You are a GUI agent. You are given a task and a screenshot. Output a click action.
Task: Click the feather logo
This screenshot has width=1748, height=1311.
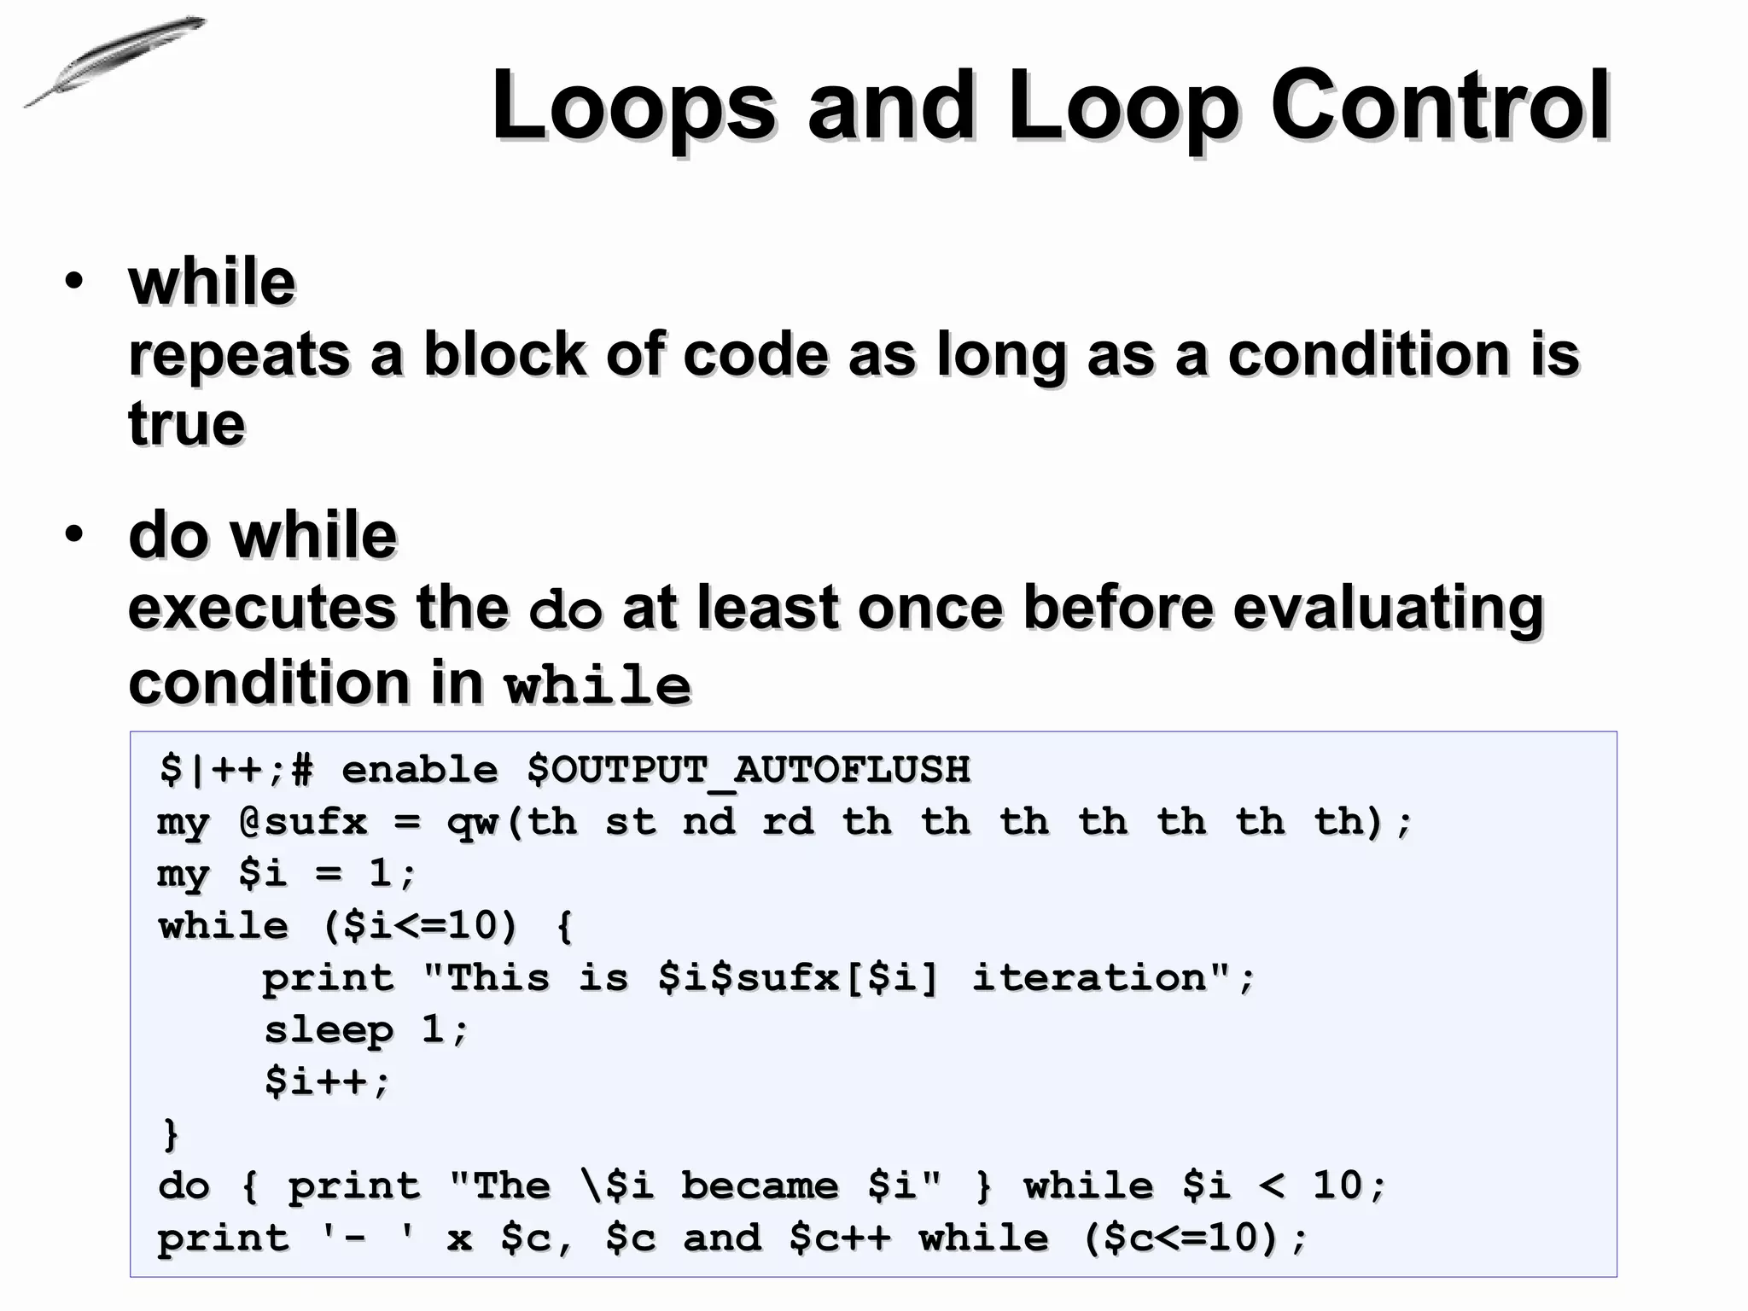coord(115,61)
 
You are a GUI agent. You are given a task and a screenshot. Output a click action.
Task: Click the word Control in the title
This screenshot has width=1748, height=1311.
coord(1441,107)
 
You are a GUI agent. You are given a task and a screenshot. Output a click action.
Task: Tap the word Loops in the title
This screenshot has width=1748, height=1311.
coord(633,107)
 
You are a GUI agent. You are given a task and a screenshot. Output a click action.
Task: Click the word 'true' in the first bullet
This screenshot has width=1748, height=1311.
coord(187,424)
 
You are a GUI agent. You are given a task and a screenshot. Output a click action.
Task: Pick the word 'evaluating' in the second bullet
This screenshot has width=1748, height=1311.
coord(1389,608)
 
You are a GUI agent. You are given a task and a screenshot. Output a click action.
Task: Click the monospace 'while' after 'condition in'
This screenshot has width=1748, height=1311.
coord(597,685)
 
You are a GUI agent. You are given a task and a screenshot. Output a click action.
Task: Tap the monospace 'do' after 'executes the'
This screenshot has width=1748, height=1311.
coord(566,609)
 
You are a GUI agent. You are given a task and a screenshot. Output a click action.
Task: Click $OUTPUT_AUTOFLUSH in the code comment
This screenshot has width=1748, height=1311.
coord(749,770)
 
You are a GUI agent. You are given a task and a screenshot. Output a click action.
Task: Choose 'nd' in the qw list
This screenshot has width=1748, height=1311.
coord(709,822)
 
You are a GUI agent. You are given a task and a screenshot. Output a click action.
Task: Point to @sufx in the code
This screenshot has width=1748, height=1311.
coord(303,822)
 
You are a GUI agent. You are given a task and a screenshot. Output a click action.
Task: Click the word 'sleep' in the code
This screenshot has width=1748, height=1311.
coord(329,1030)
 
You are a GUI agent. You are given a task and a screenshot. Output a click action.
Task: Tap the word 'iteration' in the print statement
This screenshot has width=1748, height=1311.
coord(1090,978)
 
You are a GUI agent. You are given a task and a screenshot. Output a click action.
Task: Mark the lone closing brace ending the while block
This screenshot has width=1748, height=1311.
coord(171,1134)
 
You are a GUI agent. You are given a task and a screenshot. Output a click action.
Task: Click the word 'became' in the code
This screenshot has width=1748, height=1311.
coord(760,1186)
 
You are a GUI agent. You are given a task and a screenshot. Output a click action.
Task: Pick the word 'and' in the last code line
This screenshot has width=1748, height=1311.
coord(722,1238)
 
